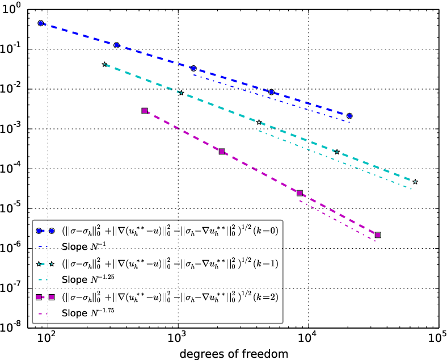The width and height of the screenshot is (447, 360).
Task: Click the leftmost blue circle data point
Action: coord(41,23)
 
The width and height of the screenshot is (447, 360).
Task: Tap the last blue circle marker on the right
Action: coord(349,116)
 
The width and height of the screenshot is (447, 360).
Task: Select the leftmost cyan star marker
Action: coord(104,65)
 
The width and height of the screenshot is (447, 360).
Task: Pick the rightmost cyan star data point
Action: coord(415,182)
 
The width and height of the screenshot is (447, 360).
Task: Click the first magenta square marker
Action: coord(145,111)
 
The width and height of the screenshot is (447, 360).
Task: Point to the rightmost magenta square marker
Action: coord(378,235)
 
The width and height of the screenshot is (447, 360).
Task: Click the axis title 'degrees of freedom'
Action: coord(234,353)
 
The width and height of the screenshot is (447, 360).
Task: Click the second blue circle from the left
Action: coord(117,45)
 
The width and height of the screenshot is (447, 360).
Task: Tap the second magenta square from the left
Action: coord(222,152)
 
